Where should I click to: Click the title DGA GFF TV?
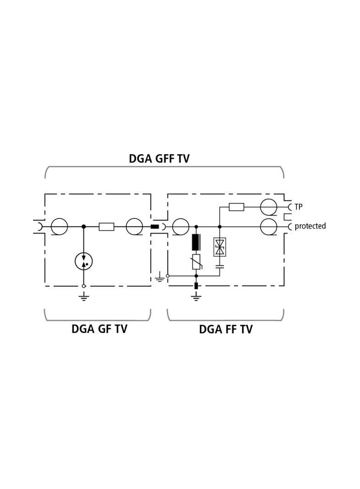pos(159,158)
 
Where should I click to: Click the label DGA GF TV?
pos(99,329)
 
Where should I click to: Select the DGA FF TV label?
pos(225,329)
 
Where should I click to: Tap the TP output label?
pos(298,207)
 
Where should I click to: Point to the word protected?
pos(310,226)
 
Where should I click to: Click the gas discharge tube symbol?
pos(84,261)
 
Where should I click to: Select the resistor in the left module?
pos(107,227)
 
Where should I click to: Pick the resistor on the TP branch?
pos(236,207)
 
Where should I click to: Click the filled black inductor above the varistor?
pos(196,242)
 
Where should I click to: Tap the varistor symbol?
pos(196,261)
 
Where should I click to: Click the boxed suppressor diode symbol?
pos(220,247)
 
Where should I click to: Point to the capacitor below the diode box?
pos(220,267)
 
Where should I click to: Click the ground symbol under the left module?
pos(84,297)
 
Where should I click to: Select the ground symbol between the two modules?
pos(159,277)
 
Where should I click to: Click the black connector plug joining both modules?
pos(155,227)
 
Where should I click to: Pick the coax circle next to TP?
pos(269,207)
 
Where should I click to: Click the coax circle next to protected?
pos(269,227)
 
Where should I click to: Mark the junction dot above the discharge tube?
pos(84,227)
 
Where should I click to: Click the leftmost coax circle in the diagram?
pos(59,227)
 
